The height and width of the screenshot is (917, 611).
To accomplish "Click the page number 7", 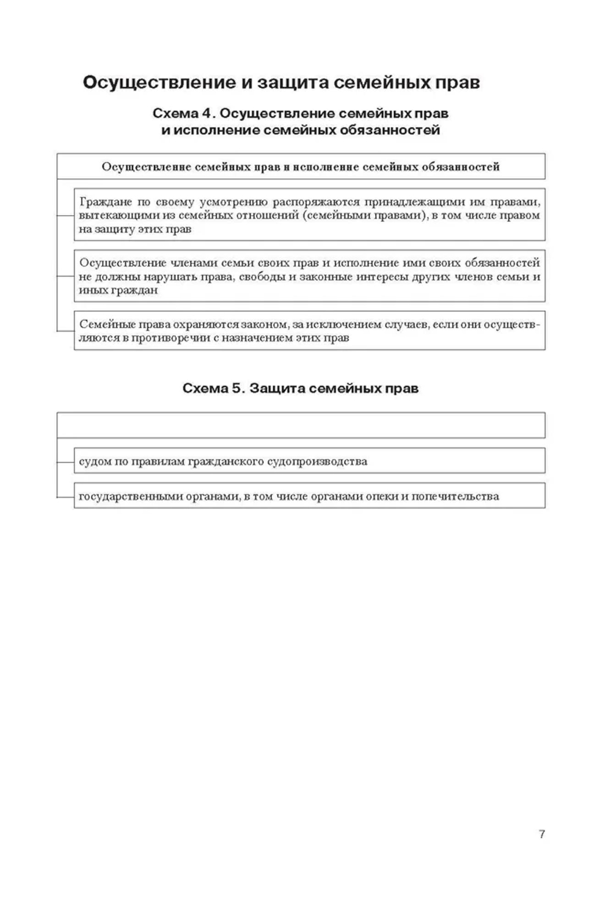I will tap(541, 834).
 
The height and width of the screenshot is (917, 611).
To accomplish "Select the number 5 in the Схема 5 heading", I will tap(237, 389).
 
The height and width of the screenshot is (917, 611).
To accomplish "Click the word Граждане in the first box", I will tap(106, 202).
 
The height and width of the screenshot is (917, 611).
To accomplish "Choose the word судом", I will tap(95, 461).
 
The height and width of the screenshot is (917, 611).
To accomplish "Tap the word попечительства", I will tap(455, 497).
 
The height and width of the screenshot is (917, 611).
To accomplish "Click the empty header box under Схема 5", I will tap(301, 425).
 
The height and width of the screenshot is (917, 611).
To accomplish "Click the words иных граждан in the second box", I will tap(119, 290).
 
